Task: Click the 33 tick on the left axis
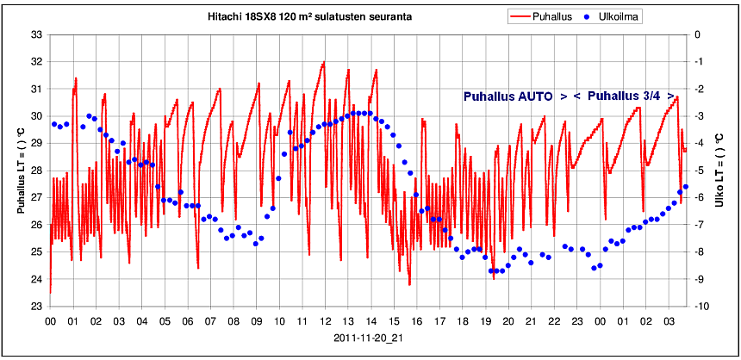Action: [37, 34]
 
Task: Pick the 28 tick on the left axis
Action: [37, 171]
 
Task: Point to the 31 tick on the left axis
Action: [37, 89]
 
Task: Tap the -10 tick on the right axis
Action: [702, 307]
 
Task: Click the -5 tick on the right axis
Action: [700, 171]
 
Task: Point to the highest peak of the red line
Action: [324, 62]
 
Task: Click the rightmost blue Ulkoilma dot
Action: [686, 187]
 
